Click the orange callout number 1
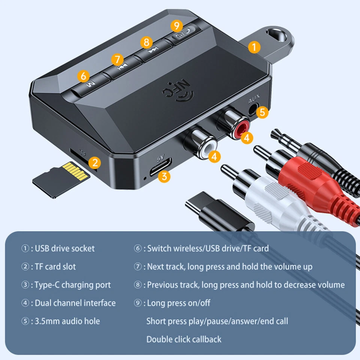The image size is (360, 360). [254, 47]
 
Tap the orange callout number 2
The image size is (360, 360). [95, 162]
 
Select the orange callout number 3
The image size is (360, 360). [164, 176]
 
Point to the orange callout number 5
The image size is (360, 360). [262, 112]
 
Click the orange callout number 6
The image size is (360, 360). [83, 76]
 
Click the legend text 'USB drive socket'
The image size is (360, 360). [64, 249]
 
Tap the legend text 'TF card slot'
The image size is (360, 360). [55, 267]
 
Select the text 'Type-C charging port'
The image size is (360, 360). [72, 285]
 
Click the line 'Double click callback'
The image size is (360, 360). [184, 339]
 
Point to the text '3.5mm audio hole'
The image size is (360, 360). [67, 321]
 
